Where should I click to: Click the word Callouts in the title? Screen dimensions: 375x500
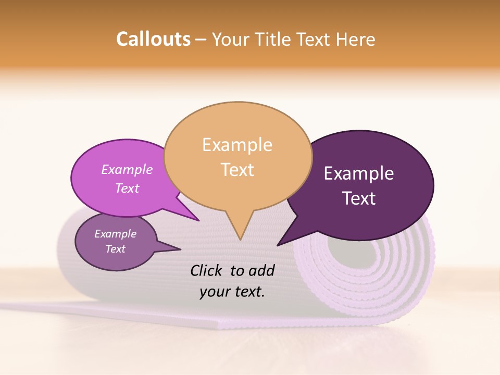pos(153,39)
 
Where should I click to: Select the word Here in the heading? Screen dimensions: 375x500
pos(355,39)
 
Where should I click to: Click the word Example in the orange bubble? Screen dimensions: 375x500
pos(237,144)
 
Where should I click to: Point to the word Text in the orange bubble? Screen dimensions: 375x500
pos(237,169)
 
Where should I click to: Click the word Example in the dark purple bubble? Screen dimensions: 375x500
pos(359,173)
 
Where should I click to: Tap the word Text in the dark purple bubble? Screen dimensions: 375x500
pos(359,198)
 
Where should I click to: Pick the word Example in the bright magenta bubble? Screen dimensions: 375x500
pos(127,169)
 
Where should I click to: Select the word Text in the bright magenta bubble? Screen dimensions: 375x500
pos(127,188)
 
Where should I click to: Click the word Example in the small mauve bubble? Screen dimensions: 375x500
pos(115,234)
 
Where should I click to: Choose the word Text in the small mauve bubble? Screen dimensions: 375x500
pos(115,249)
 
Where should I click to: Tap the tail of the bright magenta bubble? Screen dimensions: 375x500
pos(193,216)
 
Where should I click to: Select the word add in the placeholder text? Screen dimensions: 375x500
pos(262,270)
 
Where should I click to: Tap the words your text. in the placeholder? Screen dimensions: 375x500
pos(232,292)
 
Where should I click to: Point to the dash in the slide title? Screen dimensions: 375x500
pos(201,40)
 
